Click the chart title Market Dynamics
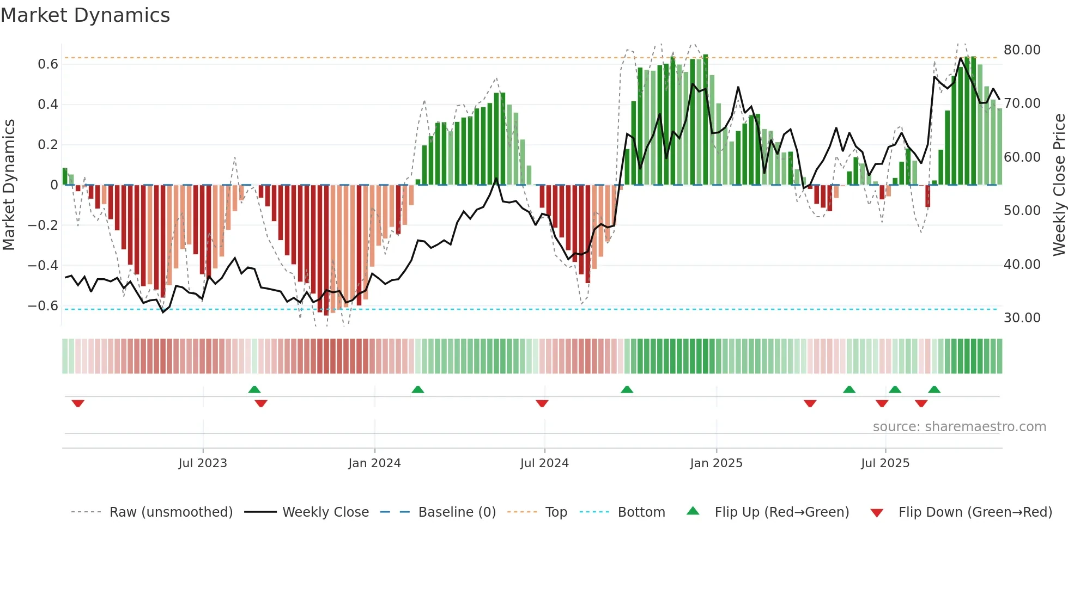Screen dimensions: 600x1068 click(85, 15)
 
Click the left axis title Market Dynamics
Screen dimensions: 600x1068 click(9, 185)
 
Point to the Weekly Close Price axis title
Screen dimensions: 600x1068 click(1059, 185)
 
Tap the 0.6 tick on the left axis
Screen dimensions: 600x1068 click(48, 64)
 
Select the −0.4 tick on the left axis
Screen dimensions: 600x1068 click(43, 266)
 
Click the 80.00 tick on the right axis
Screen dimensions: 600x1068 click(1022, 50)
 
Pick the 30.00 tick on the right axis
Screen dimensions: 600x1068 click(1022, 318)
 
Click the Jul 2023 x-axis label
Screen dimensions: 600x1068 click(203, 463)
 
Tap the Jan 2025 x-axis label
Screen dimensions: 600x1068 click(716, 463)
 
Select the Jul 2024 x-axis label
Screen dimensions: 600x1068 click(544, 463)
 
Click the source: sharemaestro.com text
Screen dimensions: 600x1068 click(959, 427)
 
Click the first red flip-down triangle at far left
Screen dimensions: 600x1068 click(78, 403)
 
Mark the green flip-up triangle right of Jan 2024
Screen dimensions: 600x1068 click(418, 389)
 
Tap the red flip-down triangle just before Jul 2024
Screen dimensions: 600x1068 click(542, 403)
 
